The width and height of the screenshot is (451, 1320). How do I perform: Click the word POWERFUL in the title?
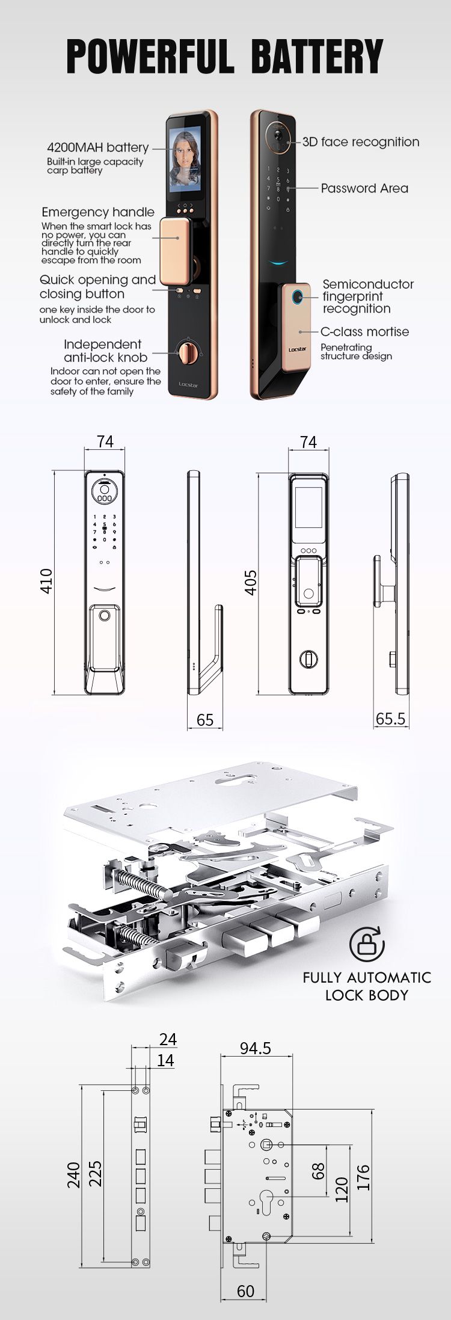tap(150, 57)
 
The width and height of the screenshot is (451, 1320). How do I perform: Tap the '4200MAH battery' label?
tap(97, 147)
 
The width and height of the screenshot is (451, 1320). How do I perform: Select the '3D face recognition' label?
tap(361, 142)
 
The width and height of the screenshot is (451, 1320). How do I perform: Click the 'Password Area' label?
tap(364, 188)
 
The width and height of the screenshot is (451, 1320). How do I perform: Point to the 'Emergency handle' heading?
tap(98, 212)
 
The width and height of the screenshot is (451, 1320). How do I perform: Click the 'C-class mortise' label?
tap(364, 331)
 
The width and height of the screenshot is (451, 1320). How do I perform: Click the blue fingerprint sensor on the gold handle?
tap(296, 297)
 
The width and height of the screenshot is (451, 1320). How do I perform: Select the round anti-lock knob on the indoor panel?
tap(188, 352)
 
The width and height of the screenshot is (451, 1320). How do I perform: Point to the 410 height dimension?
tap(46, 581)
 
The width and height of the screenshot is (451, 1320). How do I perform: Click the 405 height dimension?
tap(251, 582)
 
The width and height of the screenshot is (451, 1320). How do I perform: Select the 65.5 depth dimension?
tap(390, 719)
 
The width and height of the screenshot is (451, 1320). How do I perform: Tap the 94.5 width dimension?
tap(256, 1048)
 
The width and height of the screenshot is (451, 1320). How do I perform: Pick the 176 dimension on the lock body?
tap(363, 1176)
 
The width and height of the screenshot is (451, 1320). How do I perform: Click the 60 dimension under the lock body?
tap(245, 1291)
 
